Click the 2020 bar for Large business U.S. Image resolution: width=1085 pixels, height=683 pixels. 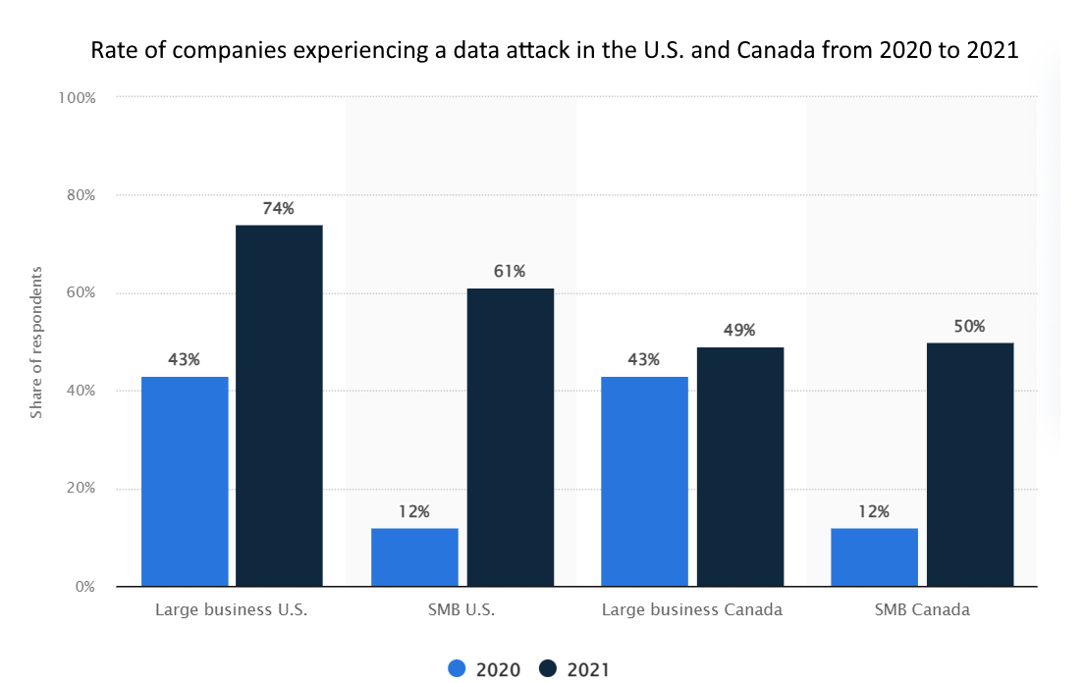pos(185,481)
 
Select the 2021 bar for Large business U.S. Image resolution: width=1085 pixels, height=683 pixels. pos(279,405)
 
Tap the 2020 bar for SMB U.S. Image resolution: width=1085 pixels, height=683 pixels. pos(414,556)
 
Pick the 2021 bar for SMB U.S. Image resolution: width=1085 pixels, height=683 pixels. pos(510,437)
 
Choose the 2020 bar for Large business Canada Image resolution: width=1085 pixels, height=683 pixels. pos(644,481)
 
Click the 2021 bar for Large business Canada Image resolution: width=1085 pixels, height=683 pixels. pos(739,466)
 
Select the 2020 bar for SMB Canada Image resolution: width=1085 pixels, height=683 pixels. pos(874,556)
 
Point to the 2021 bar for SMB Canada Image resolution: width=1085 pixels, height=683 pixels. pos(969,464)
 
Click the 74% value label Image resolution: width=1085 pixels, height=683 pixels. pos(279,208)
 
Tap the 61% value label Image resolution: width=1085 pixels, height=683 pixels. pos(510,271)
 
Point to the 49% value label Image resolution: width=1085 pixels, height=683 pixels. pos(739,330)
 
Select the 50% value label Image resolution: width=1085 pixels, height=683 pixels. pos(969,326)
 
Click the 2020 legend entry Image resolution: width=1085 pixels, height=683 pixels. pos(485,669)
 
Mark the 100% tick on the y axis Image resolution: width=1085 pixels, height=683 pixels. pos(76,97)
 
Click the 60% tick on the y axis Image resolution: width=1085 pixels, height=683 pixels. pos(79,293)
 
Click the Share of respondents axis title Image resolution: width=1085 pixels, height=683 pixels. pos(36,341)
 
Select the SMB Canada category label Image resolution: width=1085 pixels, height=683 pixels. pos(922,609)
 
